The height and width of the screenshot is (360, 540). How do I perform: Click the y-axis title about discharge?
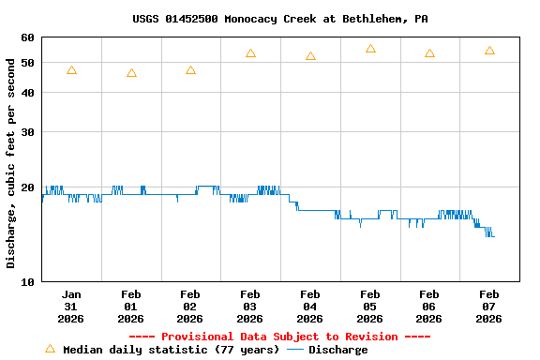(x=11, y=162)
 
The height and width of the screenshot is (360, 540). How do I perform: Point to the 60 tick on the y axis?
(x=26, y=37)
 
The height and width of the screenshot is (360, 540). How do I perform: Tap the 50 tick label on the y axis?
(x=26, y=63)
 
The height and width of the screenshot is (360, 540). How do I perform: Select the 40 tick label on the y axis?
(x=26, y=93)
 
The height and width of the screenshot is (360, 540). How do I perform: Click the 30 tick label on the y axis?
(x=26, y=132)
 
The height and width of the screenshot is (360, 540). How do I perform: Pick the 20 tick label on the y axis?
(x=26, y=187)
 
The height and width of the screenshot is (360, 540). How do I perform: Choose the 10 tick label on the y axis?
(x=26, y=281)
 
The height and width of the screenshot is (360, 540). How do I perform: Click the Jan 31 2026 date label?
(x=71, y=307)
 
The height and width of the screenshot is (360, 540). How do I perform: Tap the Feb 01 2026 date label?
(x=130, y=307)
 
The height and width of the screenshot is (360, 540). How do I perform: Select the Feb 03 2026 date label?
(x=250, y=307)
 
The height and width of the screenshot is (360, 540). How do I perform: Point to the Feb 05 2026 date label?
(x=369, y=307)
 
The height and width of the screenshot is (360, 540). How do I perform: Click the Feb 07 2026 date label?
(x=488, y=307)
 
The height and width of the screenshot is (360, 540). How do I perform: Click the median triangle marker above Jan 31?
(x=72, y=70)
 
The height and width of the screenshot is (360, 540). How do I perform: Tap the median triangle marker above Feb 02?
(x=191, y=70)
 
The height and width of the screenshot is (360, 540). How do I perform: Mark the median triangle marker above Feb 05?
(x=370, y=49)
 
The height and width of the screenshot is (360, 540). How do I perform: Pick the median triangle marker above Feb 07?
(x=489, y=51)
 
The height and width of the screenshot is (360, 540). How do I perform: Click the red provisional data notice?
(x=279, y=337)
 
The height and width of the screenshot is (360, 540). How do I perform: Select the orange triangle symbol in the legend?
(x=51, y=349)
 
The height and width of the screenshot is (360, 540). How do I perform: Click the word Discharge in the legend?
(x=338, y=350)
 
